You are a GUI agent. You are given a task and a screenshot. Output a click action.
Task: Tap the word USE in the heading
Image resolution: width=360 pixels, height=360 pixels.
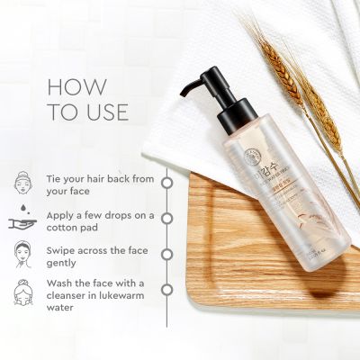[x=104, y=113]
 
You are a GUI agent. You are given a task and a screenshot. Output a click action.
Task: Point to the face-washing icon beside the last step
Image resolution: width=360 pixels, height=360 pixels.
[x=24, y=291]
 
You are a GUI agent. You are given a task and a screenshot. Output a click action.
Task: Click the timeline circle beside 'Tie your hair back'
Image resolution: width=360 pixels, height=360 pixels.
[x=166, y=182]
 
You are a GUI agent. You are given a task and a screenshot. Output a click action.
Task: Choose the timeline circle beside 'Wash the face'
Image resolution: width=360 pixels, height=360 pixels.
[x=166, y=290]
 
